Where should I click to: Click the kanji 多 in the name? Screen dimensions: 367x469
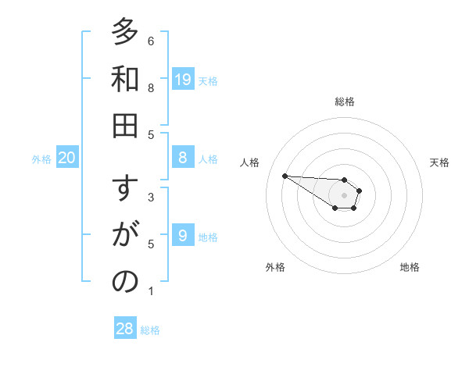(x=124, y=33)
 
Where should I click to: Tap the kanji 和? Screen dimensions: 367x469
(x=124, y=80)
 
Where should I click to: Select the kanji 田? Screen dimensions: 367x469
(x=124, y=126)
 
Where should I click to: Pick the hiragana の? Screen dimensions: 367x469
(x=124, y=283)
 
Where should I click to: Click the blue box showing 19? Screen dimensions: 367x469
(x=183, y=79)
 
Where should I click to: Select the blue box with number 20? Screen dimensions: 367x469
(x=67, y=158)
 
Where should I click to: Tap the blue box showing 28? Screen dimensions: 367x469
(x=125, y=329)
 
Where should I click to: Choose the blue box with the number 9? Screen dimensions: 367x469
(x=183, y=235)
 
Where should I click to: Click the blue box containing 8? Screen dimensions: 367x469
(x=183, y=157)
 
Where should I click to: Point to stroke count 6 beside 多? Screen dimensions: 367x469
(x=151, y=41)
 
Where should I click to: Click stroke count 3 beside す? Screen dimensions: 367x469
(x=151, y=198)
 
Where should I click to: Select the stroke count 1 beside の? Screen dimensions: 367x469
(x=151, y=291)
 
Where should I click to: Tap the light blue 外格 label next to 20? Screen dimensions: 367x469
(x=41, y=159)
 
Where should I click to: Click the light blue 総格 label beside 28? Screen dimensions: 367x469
(x=150, y=330)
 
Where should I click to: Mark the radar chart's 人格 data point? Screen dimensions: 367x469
(x=285, y=176)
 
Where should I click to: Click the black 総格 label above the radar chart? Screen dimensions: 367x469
(x=345, y=102)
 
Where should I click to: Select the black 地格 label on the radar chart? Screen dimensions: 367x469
(x=410, y=267)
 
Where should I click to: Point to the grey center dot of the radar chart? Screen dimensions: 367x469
(x=344, y=194)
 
